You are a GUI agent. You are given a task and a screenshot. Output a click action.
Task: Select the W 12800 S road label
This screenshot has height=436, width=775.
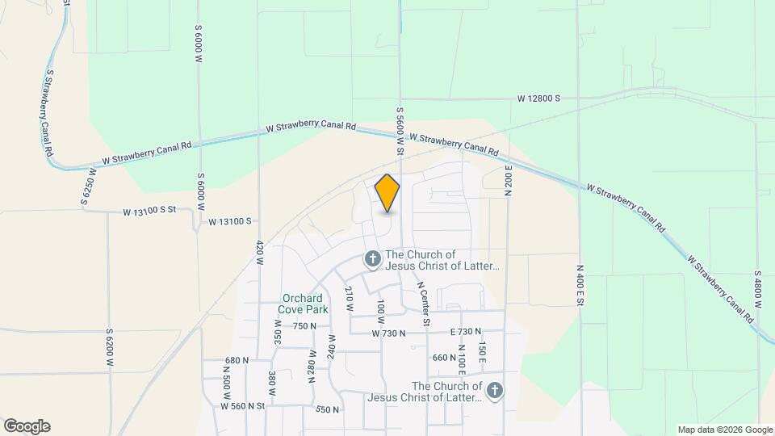coord(539,98)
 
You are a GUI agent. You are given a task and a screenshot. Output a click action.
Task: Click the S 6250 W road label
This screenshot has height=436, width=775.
coord(88,187)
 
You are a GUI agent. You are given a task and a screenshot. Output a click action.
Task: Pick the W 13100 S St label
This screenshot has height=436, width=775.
coord(149,212)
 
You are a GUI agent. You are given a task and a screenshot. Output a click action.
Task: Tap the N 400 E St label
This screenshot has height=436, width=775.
coord(580,285)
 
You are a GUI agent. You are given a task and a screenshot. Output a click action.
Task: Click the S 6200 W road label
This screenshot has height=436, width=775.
coord(110,348)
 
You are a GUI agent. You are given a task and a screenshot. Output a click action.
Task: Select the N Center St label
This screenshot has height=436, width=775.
coord(423,304)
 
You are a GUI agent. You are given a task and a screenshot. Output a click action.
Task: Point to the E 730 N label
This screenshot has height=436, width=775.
coord(465,332)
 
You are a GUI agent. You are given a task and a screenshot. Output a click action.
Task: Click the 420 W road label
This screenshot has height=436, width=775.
coord(259,253)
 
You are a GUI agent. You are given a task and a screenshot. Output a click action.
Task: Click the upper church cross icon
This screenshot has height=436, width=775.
coord(372,259)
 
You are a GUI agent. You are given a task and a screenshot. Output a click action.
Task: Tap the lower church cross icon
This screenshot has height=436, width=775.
coord(495,392)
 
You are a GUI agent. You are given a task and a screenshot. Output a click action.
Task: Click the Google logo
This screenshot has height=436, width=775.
coord(27,426)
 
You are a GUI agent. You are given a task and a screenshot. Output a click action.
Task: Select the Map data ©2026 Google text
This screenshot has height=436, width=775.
coord(725,430)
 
